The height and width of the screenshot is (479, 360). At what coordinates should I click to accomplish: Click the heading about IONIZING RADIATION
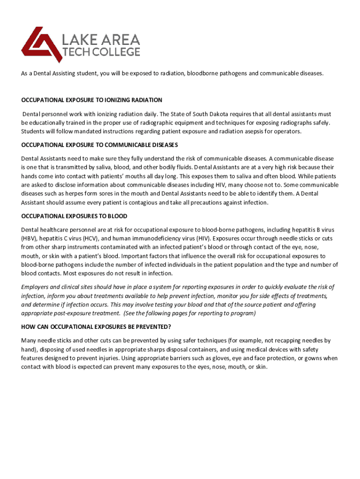click(x=92, y=100)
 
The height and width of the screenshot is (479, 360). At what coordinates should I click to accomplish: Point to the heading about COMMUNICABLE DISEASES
click(x=99, y=145)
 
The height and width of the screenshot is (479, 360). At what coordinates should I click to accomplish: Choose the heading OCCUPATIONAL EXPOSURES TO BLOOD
click(x=74, y=216)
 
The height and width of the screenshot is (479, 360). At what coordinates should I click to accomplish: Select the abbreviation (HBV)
click(x=29, y=238)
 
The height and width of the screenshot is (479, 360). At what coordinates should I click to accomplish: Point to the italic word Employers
click(x=36, y=287)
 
